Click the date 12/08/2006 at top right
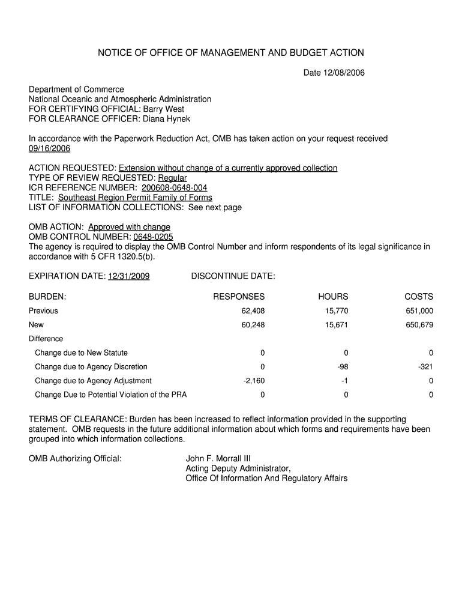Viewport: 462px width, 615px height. [344, 73]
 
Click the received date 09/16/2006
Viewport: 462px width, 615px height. [50, 148]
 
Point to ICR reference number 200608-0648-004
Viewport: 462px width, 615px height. [174, 187]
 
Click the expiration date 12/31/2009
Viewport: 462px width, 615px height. [128, 276]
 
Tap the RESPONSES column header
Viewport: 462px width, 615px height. [239, 297]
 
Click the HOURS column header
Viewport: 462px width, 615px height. [333, 297]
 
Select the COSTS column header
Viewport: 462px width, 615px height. [419, 297]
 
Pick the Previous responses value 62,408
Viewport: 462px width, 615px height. [251, 311]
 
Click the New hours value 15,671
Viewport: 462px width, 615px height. [335, 325]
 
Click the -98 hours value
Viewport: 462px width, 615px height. [343, 367]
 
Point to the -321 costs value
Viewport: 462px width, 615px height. [426, 367]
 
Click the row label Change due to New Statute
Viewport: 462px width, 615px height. [81, 353]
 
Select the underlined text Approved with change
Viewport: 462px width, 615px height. [129, 227]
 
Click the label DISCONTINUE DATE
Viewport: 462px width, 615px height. [233, 276]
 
